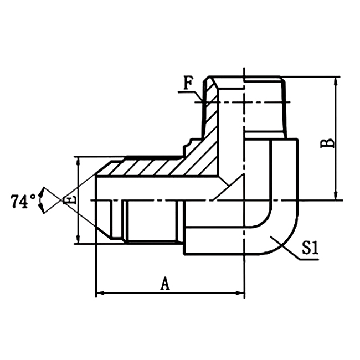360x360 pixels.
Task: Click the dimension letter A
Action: click(164, 284)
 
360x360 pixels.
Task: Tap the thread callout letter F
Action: click(188, 84)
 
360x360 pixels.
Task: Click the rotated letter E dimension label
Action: click(69, 200)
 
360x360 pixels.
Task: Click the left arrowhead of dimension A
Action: click(100, 292)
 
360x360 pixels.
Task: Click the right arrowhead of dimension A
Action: click(241, 292)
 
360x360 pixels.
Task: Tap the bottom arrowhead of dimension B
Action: click(336, 196)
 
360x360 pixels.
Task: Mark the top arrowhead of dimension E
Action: click(79, 160)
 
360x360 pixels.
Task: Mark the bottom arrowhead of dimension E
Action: click(79, 240)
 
